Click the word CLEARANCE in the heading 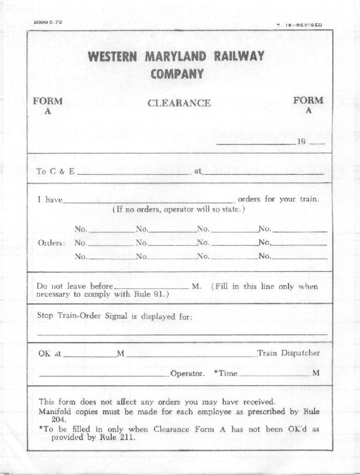coord(179,103)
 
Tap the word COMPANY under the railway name coord(177,74)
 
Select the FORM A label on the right coord(308,105)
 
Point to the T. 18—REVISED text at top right coord(299,25)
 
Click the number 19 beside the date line coord(302,142)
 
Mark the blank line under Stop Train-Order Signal coord(182,334)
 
